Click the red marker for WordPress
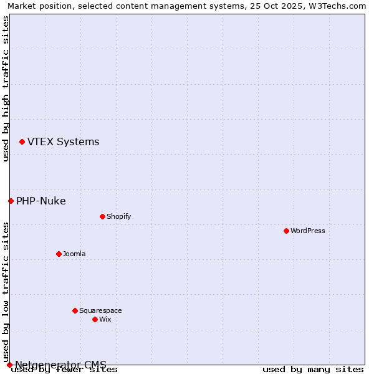coord(286,231)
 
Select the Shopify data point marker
coord(102,216)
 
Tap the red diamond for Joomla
coord(59,254)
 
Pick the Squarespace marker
coord(75,310)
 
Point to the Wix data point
coord(95,319)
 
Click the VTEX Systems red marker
coord(22,142)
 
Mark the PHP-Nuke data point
coord(11,201)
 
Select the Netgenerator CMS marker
coord(9,365)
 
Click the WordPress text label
coord(308,231)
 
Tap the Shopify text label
coord(118,216)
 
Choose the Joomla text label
coord(74,254)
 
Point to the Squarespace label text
coord(100,310)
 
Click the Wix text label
coord(105,319)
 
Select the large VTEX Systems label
coord(63,142)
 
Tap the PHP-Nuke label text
coord(41,201)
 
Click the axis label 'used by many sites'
coord(313,370)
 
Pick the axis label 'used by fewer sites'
coord(65,370)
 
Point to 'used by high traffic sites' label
coord(6,89)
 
